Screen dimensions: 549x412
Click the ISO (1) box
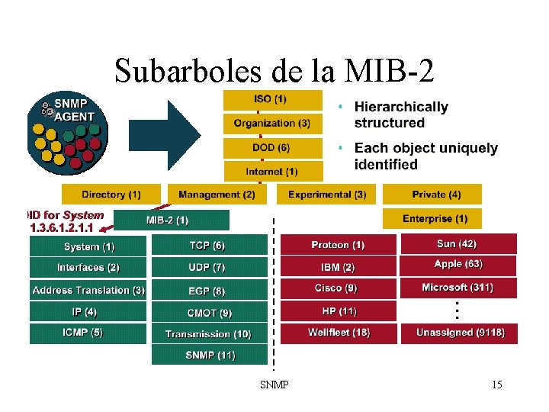271,99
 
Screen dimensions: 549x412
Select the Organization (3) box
271,123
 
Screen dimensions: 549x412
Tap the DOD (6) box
271,147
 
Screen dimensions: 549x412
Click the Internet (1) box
271,172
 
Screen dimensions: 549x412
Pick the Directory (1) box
111,195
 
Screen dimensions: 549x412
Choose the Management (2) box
217,195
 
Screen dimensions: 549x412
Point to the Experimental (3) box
327,195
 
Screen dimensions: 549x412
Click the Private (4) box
437,195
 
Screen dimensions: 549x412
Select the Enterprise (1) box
437,219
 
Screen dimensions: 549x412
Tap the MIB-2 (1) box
171,220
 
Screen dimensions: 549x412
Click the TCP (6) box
208,245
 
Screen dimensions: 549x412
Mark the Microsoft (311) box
457,288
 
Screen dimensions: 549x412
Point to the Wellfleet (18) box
338,333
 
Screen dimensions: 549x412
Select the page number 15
497,385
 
